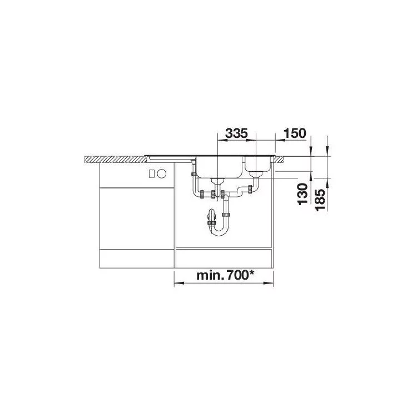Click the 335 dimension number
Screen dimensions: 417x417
pyautogui.click(x=236, y=133)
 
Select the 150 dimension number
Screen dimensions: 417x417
pyautogui.click(x=295, y=133)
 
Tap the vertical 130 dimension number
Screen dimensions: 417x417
pyautogui.click(x=302, y=194)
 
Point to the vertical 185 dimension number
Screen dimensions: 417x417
pyautogui.click(x=320, y=200)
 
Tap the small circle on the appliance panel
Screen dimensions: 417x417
pyautogui.click(x=161, y=173)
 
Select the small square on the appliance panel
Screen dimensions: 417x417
pyautogui.click(x=152, y=173)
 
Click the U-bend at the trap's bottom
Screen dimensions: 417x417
pyautogui.click(x=219, y=232)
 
